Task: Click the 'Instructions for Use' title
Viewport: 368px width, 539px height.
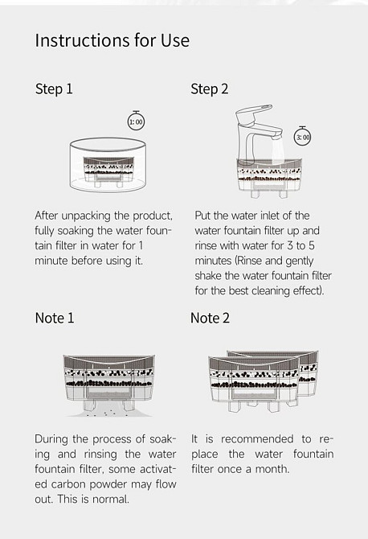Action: pyautogui.click(x=112, y=40)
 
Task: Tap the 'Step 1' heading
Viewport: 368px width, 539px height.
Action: pyautogui.click(x=54, y=89)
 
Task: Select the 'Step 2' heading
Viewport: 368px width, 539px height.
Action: pyautogui.click(x=210, y=89)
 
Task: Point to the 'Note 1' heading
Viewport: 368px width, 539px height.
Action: pyautogui.click(x=55, y=318)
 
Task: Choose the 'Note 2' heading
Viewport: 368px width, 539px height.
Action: pyautogui.click(x=210, y=318)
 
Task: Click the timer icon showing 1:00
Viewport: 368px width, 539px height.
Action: pyautogui.click(x=136, y=121)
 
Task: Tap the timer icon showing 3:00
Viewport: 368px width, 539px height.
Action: pyautogui.click(x=302, y=137)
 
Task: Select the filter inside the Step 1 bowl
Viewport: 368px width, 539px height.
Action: pyautogui.click(x=108, y=171)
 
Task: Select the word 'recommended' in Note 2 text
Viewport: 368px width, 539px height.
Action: pyautogui.click(x=257, y=439)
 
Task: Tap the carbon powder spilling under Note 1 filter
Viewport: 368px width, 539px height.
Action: pyautogui.click(x=109, y=409)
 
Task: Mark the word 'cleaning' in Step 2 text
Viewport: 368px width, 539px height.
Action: pyautogui.click(x=271, y=290)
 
